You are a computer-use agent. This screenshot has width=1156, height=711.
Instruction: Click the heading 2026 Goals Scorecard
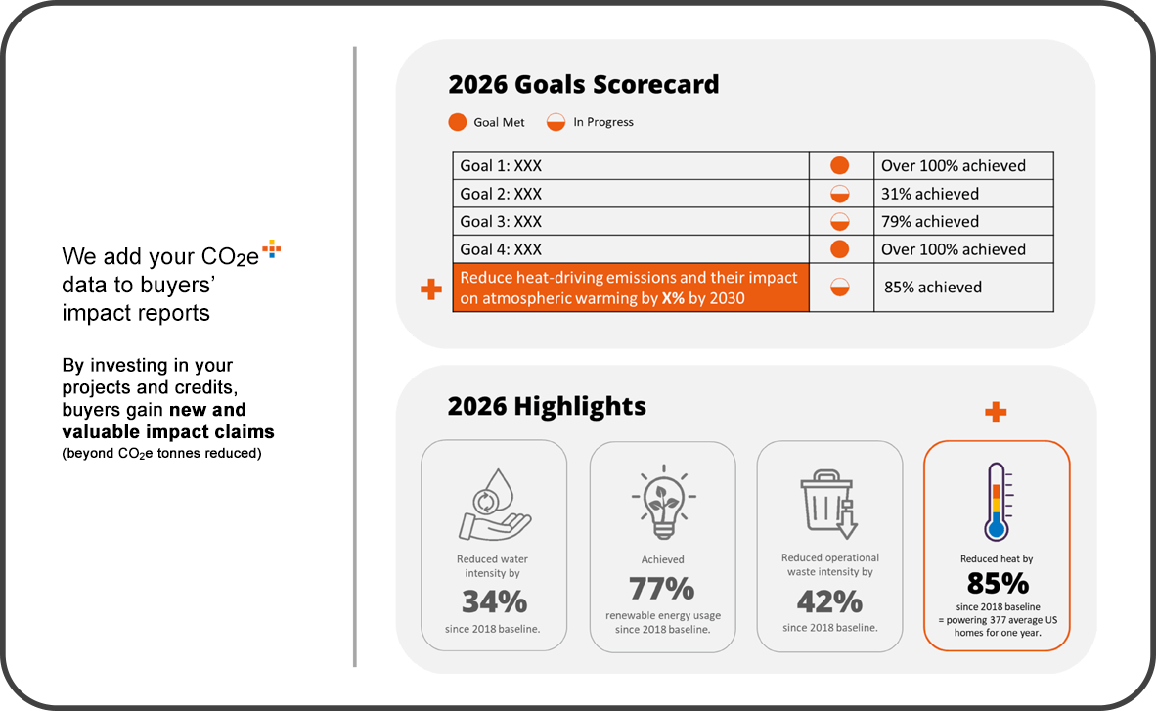click(583, 85)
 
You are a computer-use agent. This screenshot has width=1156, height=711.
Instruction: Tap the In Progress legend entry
click(590, 122)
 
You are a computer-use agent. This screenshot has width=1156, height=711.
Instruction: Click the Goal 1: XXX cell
click(630, 165)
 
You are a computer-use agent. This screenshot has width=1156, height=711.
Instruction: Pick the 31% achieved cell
click(962, 194)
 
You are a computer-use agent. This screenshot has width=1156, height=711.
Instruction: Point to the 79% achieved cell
click(962, 221)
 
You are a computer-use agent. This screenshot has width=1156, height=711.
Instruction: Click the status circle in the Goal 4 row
click(839, 249)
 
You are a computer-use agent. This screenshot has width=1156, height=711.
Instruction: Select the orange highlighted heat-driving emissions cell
click(630, 288)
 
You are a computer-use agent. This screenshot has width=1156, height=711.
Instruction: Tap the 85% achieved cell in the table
click(962, 288)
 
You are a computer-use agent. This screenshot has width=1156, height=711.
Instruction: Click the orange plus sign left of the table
click(430, 289)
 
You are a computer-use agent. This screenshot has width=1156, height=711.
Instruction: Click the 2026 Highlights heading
click(547, 406)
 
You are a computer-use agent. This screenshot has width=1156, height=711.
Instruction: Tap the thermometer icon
click(997, 501)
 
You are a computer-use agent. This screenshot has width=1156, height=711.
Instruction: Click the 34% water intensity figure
click(494, 600)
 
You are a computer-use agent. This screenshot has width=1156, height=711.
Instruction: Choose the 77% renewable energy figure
click(662, 589)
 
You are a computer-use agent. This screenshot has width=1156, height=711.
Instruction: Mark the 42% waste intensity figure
click(829, 600)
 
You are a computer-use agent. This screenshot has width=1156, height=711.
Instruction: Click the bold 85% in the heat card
click(997, 584)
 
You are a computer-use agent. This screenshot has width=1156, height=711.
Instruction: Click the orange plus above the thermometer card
click(996, 412)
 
